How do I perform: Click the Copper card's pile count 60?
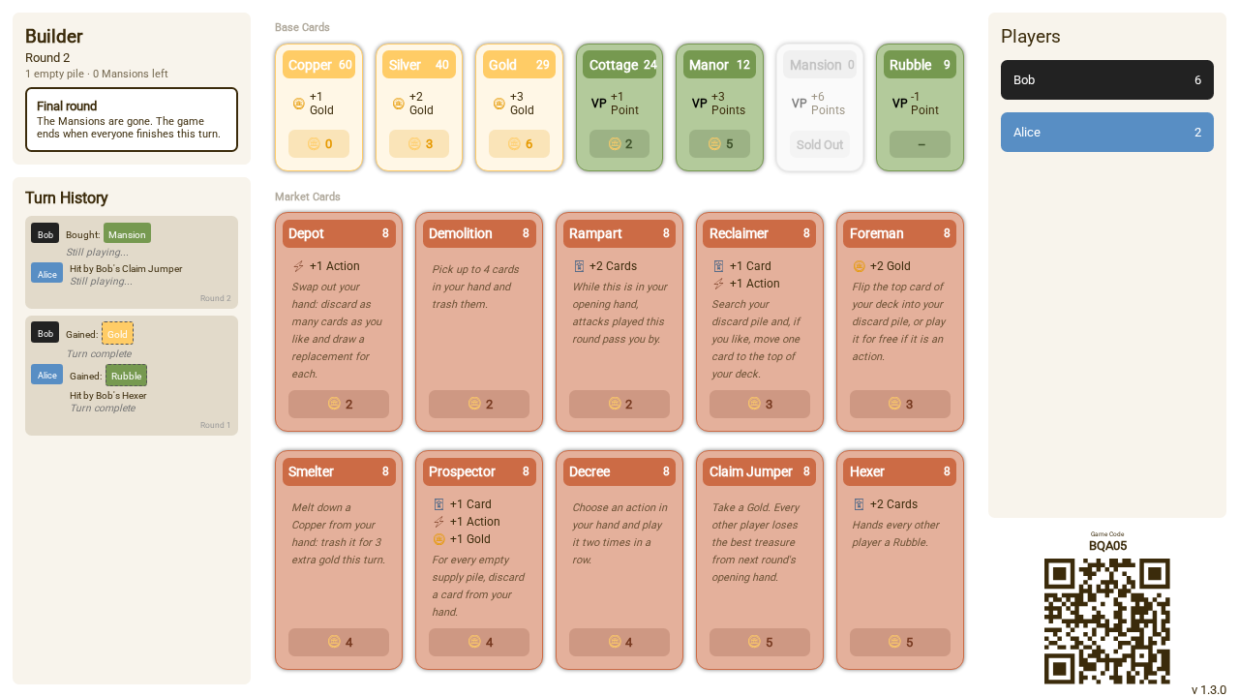coord(346,65)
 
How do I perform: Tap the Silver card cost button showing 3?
coord(419,144)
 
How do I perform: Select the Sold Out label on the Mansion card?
coord(820,144)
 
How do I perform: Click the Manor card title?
coord(709,65)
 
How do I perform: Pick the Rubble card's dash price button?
coord(920,144)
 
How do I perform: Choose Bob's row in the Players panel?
coord(1106,79)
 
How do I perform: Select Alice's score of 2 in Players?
coord(1197,133)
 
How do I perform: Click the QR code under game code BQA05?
coord(1106,621)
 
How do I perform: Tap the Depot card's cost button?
coord(339,404)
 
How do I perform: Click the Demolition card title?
coord(460,233)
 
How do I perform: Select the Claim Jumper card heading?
coord(750,471)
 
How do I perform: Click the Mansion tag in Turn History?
coord(127,234)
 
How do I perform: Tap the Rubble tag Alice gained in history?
coord(126,376)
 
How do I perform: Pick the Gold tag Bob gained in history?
coord(117,334)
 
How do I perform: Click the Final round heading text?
coord(67,106)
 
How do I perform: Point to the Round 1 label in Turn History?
coord(215,425)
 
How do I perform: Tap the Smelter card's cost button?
coord(339,642)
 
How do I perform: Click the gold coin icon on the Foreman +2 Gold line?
coord(859,266)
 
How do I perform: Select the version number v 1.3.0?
coord(1209,689)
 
